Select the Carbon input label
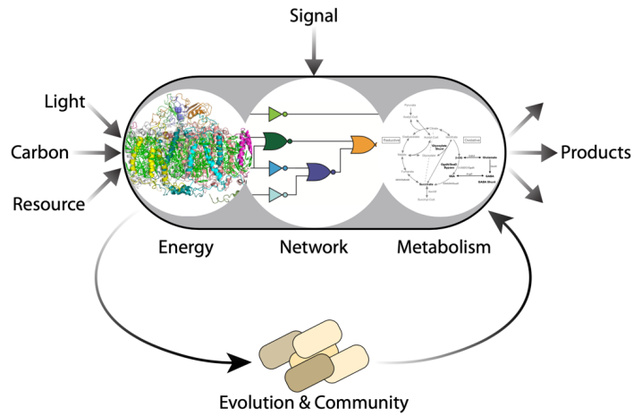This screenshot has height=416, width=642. click(x=39, y=153)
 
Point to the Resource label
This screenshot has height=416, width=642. click(x=48, y=204)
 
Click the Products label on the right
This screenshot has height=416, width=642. click(x=596, y=153)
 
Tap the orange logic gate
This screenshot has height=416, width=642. click(x=363, y=146)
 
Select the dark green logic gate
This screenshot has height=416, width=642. click(x=274, y=141)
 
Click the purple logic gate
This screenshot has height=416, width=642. click(x=319, y=171)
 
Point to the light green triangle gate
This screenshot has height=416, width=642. click(x=275, y=114)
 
